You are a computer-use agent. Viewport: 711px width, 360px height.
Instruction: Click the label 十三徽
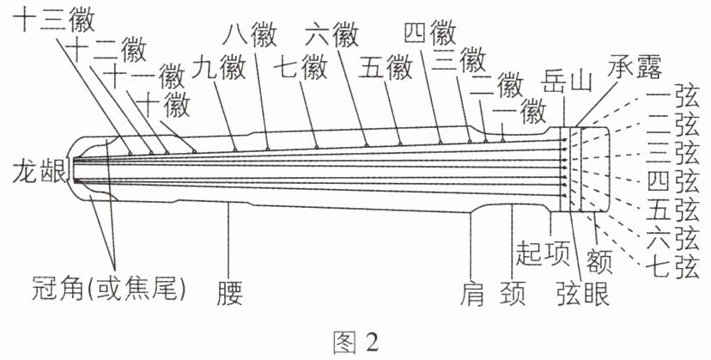(53, 21)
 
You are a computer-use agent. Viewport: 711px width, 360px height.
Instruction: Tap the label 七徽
(301, 68)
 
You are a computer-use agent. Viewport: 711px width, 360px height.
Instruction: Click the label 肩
(472, 294)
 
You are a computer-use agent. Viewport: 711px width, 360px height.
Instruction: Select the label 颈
(513, 294)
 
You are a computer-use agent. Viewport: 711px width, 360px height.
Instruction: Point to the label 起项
(543, 253)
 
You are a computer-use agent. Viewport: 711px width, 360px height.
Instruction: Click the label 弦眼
(583, 294)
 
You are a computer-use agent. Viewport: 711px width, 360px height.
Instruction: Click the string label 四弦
(673, 181)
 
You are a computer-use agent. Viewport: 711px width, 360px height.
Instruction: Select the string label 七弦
(673, 268)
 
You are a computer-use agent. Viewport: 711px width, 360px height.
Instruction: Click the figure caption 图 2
(355, 342)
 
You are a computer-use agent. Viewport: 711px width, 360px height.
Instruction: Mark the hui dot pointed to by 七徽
(317, 147)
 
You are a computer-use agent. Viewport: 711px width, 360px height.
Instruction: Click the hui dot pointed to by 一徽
(503, 140)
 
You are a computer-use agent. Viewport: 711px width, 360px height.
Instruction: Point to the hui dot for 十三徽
(131, 153)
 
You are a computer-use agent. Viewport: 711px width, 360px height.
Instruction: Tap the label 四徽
(430, 33)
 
